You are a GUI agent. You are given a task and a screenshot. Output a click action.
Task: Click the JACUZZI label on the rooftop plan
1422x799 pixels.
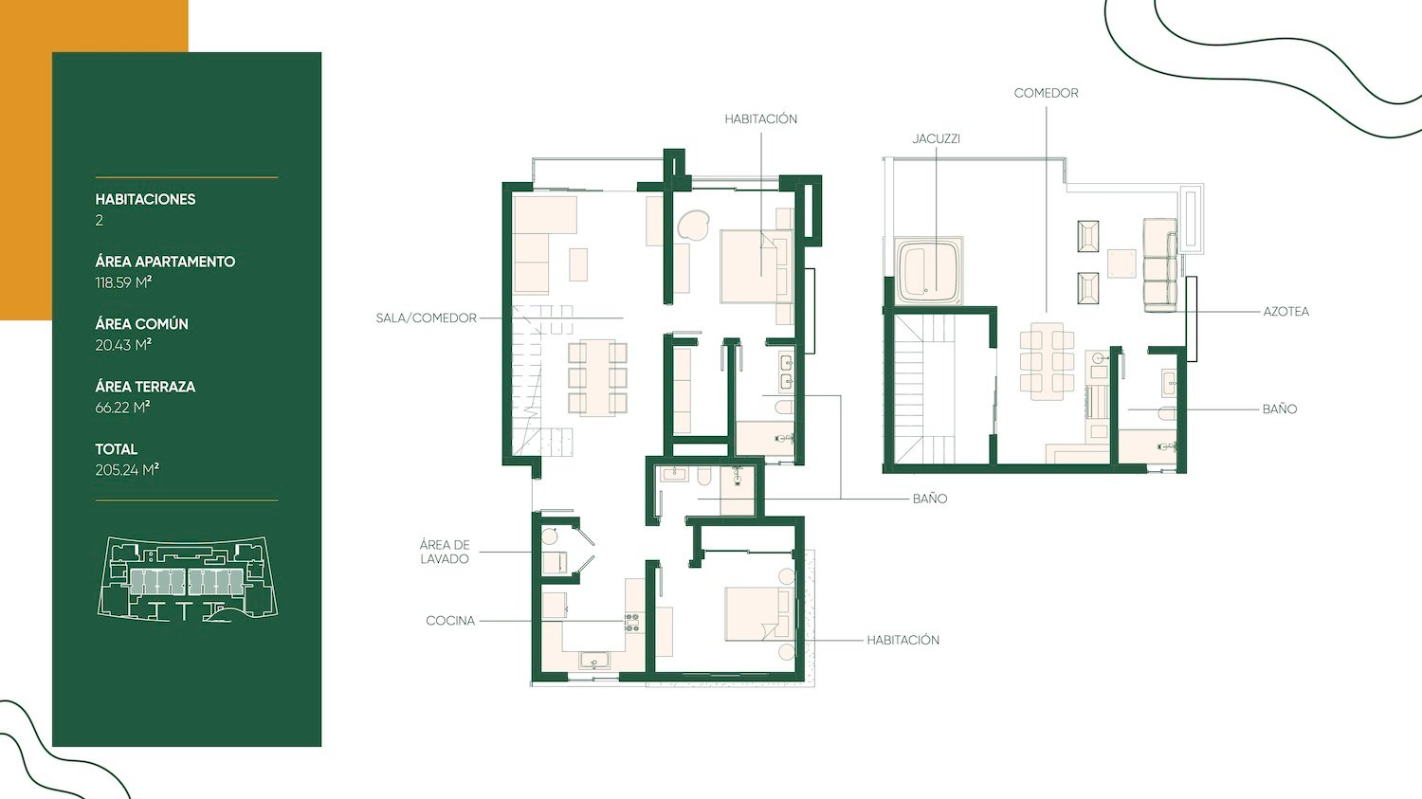point(936,139)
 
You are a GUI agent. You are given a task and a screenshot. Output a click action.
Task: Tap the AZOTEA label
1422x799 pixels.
point(1285,312)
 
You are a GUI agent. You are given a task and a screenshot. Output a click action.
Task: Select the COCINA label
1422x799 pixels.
point(450,621)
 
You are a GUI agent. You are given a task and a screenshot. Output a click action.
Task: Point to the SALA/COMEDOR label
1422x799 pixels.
point(426,318)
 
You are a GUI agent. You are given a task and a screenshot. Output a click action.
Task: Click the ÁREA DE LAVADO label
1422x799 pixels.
point(445,552)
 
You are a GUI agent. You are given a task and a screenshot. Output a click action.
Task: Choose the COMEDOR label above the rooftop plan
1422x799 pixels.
point(1046,93)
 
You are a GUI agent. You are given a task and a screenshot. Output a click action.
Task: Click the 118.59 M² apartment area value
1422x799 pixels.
point(123,282)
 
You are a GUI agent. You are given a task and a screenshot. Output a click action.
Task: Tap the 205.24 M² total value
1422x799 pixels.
point(126,469)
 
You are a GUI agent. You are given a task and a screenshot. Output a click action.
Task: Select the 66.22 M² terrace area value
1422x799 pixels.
point(122,408)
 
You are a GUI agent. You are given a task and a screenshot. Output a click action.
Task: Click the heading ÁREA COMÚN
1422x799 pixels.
point(141,323)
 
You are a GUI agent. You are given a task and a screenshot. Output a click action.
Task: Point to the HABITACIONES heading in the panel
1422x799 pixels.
point(145,199)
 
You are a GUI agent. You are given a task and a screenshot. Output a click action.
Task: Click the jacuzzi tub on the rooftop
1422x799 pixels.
point(929,271)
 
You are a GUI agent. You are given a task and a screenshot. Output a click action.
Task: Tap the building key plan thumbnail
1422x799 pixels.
point(188,579)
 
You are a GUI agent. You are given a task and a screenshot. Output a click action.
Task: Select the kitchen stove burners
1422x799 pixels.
point(631,623)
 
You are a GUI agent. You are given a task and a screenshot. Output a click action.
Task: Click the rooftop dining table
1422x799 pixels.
point(1047,361)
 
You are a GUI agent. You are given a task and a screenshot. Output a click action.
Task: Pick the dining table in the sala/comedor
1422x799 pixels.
point(596,377)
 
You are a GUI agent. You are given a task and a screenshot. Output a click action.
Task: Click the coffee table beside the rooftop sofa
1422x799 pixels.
point(1121,263)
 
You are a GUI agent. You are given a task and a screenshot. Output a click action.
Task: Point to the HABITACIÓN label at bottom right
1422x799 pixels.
point(902,641)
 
